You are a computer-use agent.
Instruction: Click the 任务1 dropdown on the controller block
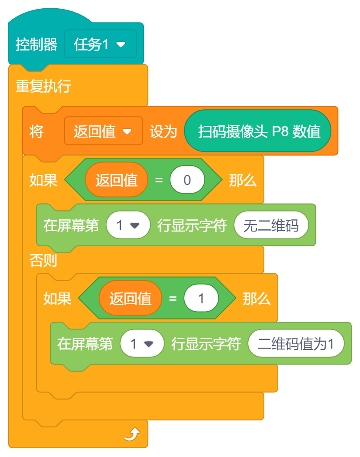(100, 44)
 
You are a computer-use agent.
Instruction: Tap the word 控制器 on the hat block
(37, 44)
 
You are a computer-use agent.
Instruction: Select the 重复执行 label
(43, 86)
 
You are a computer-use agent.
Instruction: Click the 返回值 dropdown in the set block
(103, 131)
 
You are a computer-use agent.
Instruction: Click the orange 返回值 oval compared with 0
(117, 180)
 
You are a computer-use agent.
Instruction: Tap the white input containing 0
(187, 180)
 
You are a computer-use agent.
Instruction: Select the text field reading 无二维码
(271, 225)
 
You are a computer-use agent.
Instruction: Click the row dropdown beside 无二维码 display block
(128, 225)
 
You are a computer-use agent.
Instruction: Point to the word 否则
(43, 261)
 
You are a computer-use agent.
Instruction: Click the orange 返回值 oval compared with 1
(130, 298)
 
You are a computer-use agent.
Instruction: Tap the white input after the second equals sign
(201, 298)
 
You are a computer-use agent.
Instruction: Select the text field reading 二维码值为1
(296, 344)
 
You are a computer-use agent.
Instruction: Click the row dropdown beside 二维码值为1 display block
(142, 344)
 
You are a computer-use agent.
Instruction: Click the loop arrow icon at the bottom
(132, 433)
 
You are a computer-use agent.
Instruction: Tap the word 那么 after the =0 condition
(243, 180)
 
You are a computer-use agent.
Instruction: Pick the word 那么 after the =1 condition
(257, 298)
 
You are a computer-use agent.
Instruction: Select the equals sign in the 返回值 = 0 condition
(159, 180)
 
